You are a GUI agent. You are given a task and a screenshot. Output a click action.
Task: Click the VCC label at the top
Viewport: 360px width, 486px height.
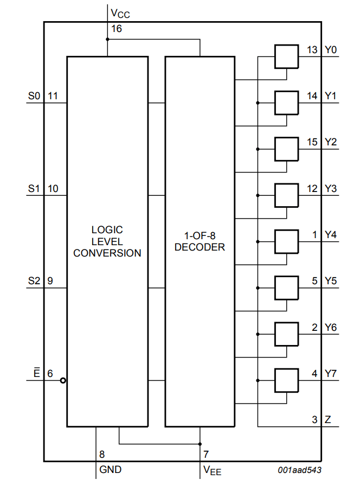pos(120,12)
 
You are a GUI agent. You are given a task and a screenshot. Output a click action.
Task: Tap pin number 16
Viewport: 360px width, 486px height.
pos(117,28)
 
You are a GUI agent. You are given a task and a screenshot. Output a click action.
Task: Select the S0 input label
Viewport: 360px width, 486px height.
pos(34,96)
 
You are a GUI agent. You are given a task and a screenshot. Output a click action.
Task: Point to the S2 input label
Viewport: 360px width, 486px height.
pos(34,281)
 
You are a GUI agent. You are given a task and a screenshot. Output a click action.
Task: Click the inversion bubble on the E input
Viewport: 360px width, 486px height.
pos(63,380)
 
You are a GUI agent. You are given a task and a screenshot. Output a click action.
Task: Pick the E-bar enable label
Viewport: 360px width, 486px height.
pos(36,373)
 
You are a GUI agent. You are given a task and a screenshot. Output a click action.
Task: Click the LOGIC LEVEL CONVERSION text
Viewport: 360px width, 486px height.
pos(107,241)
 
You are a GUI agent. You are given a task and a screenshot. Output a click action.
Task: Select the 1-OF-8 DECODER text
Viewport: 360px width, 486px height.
pos(200,241)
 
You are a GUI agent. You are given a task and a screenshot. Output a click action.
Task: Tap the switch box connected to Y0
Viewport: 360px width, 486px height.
pos(287,56)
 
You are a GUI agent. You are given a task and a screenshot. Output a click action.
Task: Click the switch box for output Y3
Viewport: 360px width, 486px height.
pos(287,195)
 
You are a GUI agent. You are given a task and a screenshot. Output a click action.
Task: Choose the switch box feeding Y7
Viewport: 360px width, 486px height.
pos(287,380)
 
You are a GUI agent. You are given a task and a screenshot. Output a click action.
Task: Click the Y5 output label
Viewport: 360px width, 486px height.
pos(331,281)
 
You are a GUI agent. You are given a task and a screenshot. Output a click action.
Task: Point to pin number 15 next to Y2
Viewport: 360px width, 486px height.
pos(312,142)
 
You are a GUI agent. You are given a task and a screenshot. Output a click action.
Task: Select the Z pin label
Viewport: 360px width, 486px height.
pos(327,419)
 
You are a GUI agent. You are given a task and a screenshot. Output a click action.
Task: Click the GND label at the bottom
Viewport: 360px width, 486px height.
pos(110,469)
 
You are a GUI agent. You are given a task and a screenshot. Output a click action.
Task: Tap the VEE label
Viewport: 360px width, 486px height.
pos(212,470)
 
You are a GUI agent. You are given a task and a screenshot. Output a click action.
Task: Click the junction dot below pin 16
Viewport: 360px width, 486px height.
pos(107,39)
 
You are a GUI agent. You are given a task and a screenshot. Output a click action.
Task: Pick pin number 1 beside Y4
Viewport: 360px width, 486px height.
pos(315,235)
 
